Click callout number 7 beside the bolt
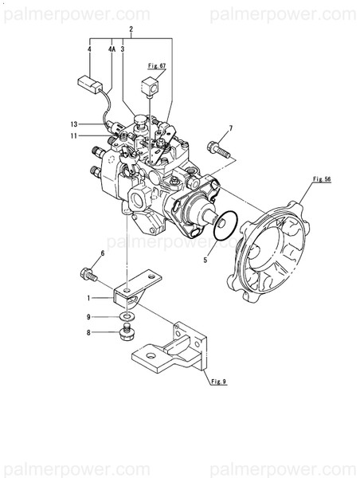coord(231,128)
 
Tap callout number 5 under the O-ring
coord(205,259)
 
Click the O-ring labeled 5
coord(226,225)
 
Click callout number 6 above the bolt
coord(102,254)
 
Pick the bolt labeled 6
coord(88,276)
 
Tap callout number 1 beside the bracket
coord(90,298)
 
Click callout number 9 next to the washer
coord(90,318)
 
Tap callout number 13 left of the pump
coord(72,124)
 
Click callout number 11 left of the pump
coord(72,136)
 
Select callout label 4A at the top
coord(112,49)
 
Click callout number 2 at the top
coord(131,29)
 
